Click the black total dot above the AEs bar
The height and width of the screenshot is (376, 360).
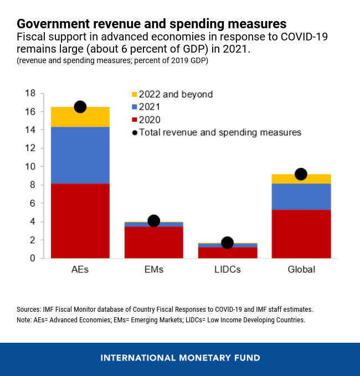coord(80,107)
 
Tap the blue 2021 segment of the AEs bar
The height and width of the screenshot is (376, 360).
coord(80,155)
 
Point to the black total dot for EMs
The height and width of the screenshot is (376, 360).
coord(154,221)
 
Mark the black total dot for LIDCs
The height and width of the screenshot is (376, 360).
coord(227,243)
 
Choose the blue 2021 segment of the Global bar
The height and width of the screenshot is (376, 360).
coord(301,197)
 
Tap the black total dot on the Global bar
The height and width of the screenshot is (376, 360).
coord(301,174)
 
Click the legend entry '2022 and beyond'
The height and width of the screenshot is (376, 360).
coord(176,95)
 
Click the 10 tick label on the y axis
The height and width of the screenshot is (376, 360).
coord(30,167)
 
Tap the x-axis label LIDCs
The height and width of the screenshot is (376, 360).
coord(227,270)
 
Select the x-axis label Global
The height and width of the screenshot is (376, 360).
coord(301,270)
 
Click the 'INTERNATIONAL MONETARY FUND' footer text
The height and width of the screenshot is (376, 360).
coord(180,358)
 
